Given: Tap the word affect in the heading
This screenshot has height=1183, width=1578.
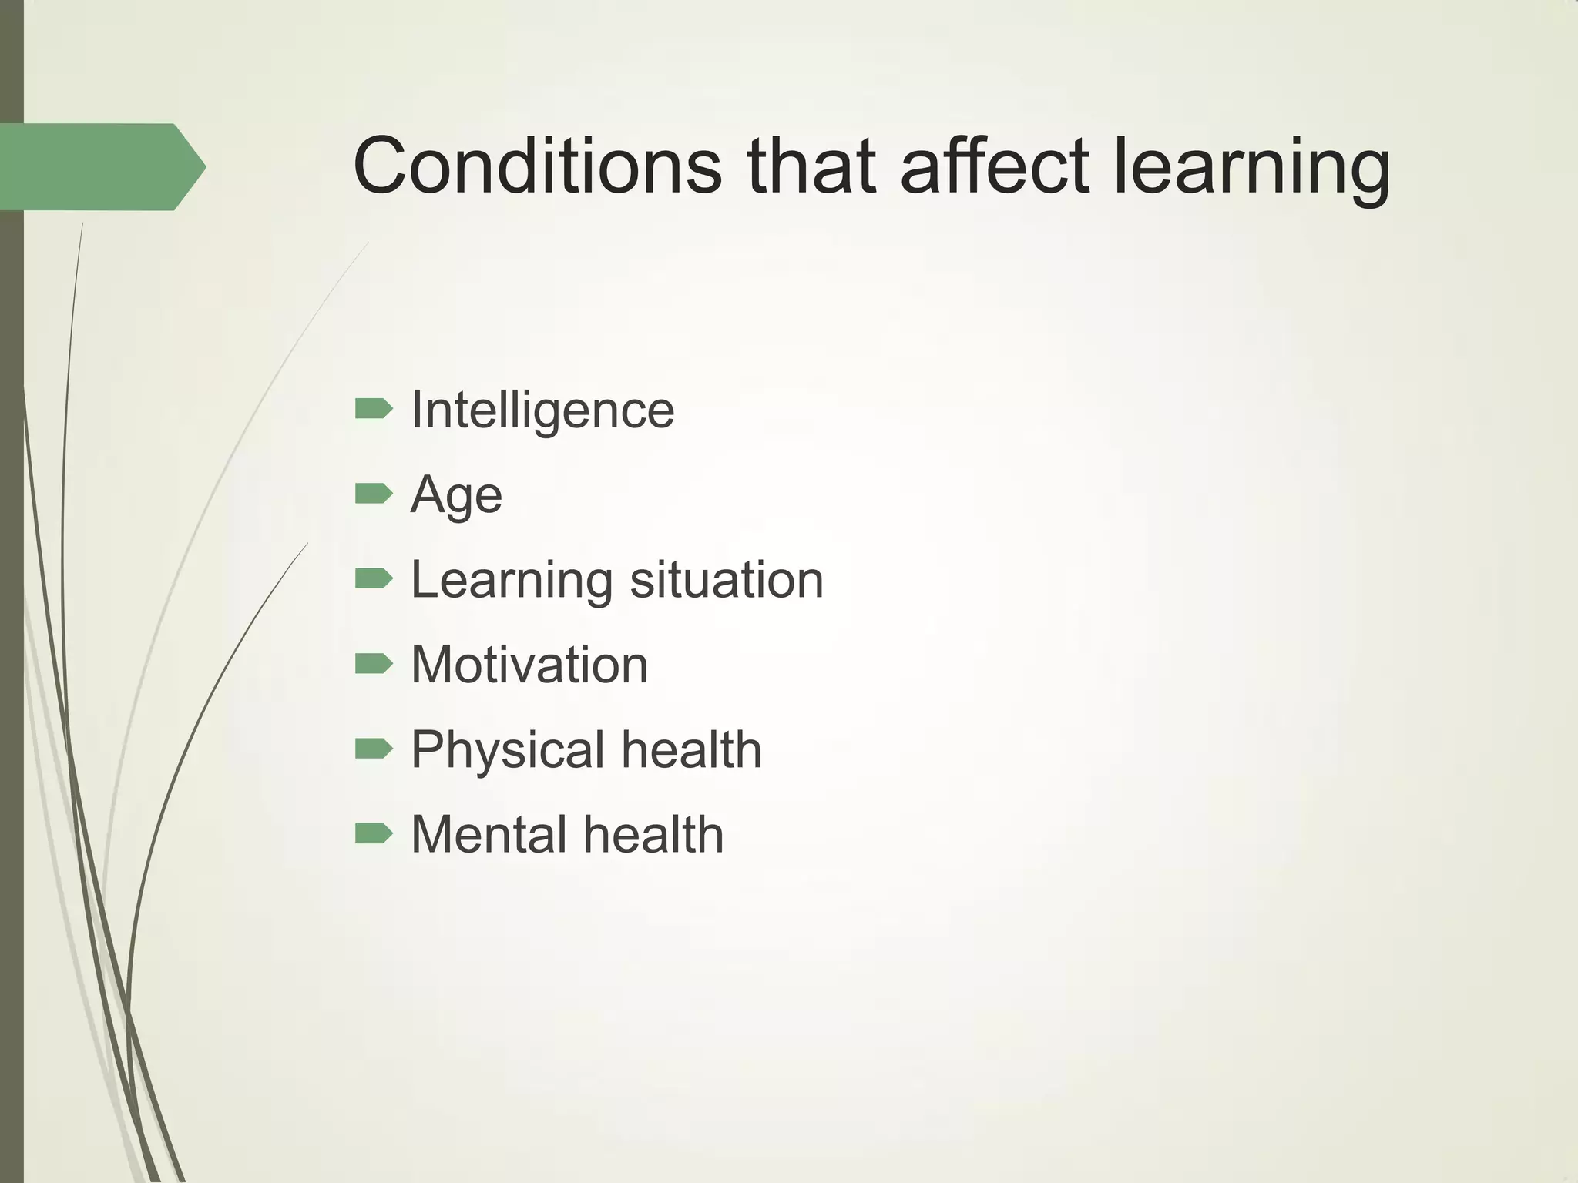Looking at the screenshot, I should point(995,165).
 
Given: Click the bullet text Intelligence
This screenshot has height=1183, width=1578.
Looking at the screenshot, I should point(542,410).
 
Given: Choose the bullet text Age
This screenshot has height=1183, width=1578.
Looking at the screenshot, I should point(456,495).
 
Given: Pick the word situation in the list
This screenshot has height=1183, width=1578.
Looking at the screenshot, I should point(727,579).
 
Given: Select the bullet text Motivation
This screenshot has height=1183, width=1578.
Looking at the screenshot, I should point(529,665).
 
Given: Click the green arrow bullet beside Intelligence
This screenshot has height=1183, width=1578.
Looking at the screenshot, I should point(374,409).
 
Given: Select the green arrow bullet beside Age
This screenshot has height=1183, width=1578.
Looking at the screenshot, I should point(374,494).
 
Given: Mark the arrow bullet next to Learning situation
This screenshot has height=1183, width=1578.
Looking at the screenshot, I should point(374,578).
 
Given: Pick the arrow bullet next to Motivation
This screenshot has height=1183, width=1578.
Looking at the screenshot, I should point(374,663).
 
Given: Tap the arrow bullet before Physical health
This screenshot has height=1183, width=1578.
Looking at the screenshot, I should point(374,749).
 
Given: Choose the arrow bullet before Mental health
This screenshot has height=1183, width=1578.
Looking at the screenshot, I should point(374,833).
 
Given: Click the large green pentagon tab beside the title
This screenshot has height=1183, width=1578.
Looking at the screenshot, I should point(100,166).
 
